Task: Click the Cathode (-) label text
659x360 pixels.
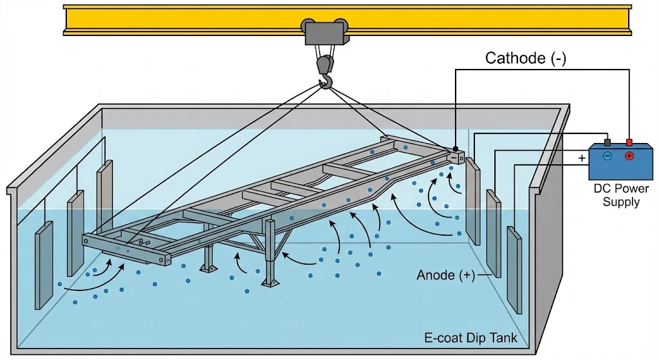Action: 525,59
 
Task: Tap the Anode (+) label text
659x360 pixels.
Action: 445,276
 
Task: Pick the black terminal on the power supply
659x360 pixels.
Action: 607,142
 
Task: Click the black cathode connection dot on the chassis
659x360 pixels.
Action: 455,148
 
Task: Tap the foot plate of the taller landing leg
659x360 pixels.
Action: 269,282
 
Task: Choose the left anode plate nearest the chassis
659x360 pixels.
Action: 104,193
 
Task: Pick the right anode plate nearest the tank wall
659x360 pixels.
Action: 514,269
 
